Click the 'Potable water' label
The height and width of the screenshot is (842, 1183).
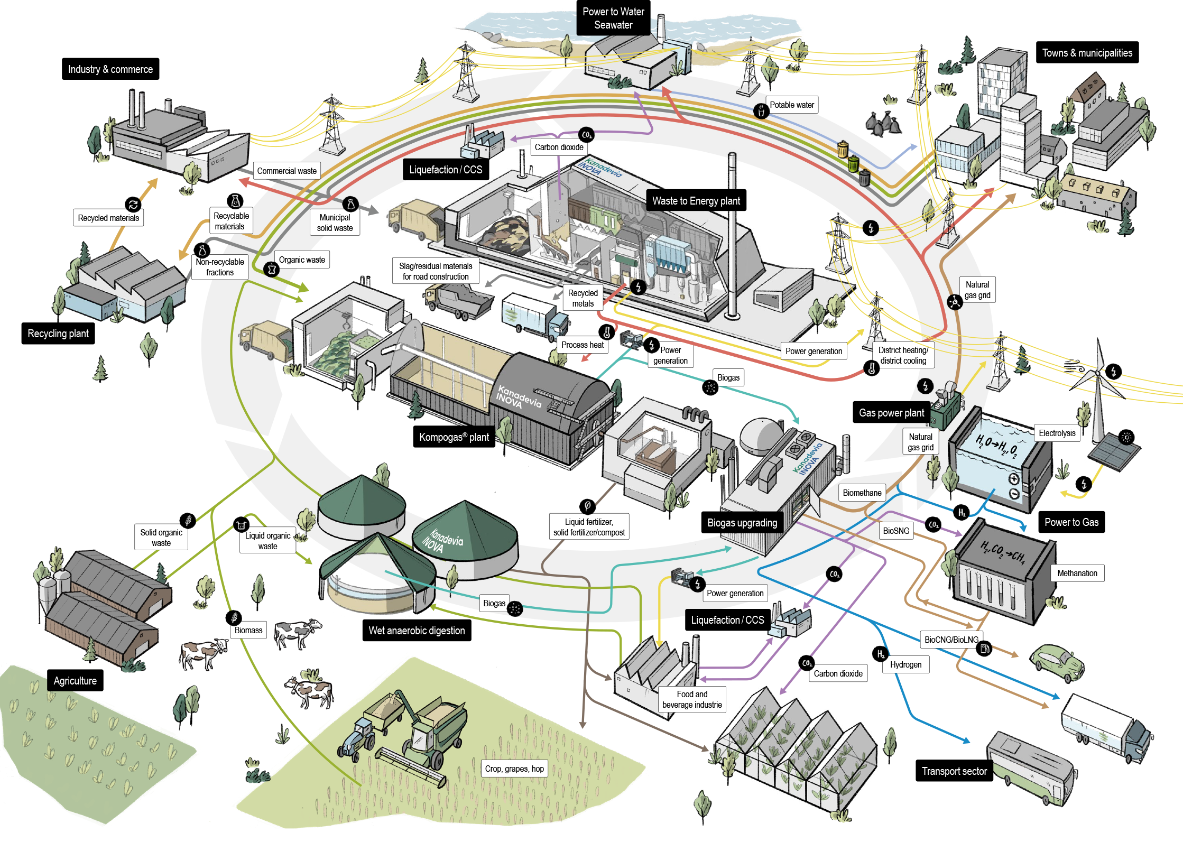coord(791,105)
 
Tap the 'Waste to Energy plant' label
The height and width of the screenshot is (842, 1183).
coord(696,201)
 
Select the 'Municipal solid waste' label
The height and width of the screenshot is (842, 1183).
coord(335,223)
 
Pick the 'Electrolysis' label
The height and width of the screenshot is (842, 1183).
coord(1057,433)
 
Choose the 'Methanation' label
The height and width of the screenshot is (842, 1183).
coord(1077,573)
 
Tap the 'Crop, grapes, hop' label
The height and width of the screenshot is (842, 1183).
coord(514,769)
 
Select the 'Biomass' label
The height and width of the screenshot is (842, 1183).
coord(248,630)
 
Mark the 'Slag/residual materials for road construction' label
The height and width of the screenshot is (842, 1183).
coord(435,271)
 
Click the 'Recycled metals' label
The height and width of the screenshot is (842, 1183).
coord(583,298)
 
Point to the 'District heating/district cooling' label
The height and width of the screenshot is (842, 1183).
coord(903,355)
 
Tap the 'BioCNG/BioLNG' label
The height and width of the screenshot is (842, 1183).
coord(951,640)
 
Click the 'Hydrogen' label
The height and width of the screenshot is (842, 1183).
coord(905,664)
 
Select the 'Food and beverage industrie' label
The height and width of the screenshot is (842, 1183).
coord(691,699)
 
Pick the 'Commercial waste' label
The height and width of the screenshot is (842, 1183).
coord(286,171)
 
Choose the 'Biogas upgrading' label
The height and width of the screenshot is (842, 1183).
coord(742,523)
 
